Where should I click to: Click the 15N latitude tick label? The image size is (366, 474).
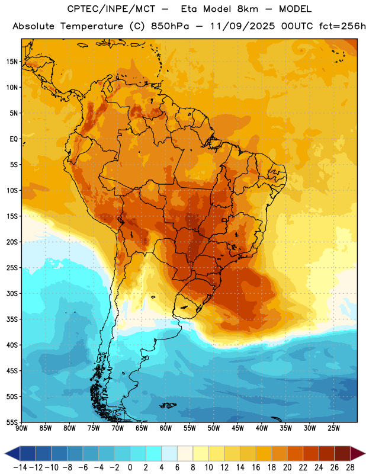pyautogui.click(x=12, y=62)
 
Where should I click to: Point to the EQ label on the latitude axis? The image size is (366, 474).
pyautogui.click(x=14, y=139)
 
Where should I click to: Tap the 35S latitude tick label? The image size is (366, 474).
pyautogui.click(x=12, y=319)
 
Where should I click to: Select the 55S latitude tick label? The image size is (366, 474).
pyautogui.click(x=12, y=422)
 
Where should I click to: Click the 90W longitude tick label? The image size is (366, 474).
pyautogui.click(x=21, y=428)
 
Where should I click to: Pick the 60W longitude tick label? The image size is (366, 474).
pyautogui.click(x=166, y=428)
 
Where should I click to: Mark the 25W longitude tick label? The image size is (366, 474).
pyautogui.click(x=333, y=428)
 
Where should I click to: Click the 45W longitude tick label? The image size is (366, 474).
pyautogui.click(x=237, y=428)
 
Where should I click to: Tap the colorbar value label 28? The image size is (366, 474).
pyautogui.click(x=350, y=467)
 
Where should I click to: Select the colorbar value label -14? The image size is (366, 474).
pyautogui.click(x=20, y=467)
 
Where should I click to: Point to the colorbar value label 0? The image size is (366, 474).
pyautogui.click(x=130, y=467)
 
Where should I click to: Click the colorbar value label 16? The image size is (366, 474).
pyautogui.click(x=256, y=467)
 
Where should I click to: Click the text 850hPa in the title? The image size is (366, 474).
pyautogui.click(x=170, y=26)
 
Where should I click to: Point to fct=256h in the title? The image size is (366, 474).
pyautogui.click(x=342, y=26)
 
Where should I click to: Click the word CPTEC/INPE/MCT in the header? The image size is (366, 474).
pyautogui.click(x=111, y=9)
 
